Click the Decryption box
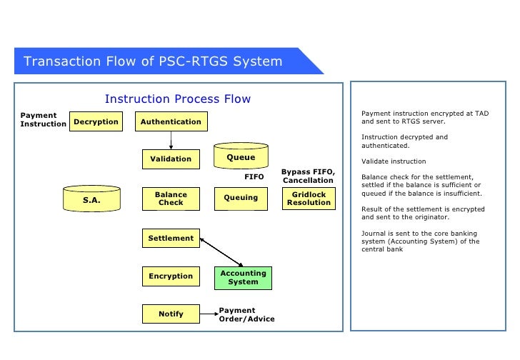[96, 122]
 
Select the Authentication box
[171, 122]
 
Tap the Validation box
[171, 159]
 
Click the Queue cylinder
[241, 158]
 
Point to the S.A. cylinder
[91, 200]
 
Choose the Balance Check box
[171, 199]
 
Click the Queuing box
[241, 199]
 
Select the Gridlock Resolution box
[309, 199]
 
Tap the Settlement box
[171, 238]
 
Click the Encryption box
[171, 276]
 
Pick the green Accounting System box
[243, 277]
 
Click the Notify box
[171, 314]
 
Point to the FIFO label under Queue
[254, 176]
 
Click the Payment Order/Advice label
[246, 314]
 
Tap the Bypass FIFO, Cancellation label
[308, 176]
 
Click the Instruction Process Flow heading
[178, 99]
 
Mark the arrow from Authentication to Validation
[171, 141]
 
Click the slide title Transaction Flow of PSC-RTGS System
[153, 61]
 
